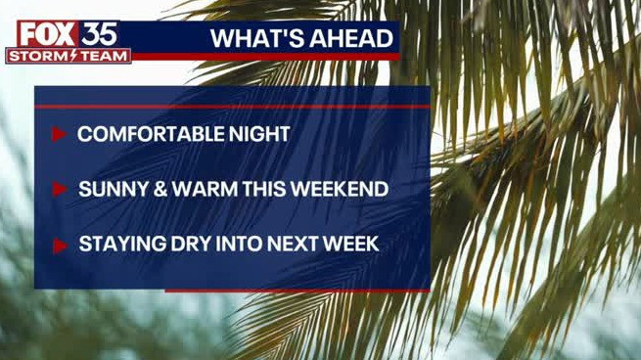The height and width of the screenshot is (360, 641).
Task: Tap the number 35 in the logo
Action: [x=98, y=33]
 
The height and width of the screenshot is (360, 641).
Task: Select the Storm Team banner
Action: [x=69, y=57]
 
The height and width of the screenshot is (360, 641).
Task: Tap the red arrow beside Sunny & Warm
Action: [x=59, y=189]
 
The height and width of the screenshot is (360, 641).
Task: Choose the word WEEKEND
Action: [x=339, y=189]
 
